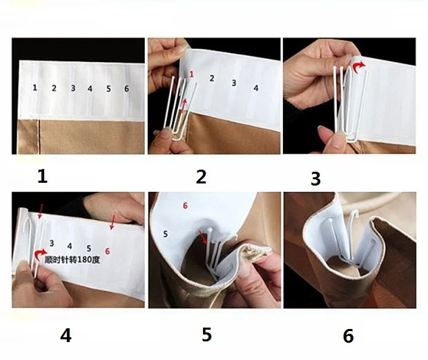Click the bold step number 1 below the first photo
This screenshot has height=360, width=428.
[x=42, y=177]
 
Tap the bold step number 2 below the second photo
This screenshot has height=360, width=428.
[x=201, y=177]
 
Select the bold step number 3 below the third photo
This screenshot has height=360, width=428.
[x=315, y=179]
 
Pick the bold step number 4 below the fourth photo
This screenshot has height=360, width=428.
[x=66, y=335]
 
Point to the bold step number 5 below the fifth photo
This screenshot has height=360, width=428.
[x=206, y=334]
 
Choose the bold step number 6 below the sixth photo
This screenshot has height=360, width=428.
[x=349, y=336]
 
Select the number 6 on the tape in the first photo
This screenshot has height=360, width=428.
[x=126, y=88]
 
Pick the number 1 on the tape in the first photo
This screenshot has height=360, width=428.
[x=35, y=88]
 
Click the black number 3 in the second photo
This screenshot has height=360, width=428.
[x=234, y=83]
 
